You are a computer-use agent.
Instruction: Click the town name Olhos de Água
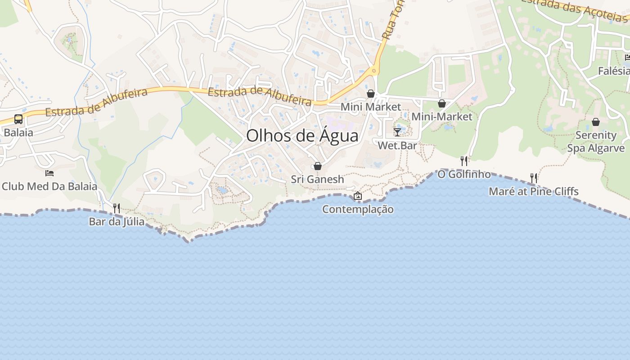point(302,136)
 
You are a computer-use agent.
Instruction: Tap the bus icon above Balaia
point(18,119)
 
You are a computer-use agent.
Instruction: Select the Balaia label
point(18,133)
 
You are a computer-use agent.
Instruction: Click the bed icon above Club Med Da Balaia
point(49,173)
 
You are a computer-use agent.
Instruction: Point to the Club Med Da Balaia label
point(49,186)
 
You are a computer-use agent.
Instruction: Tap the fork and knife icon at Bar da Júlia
point(117,208)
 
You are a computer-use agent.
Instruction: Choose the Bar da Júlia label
point(117,221)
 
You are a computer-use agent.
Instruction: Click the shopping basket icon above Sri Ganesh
point(317,166)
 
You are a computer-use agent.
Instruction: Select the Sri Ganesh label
point(317,179)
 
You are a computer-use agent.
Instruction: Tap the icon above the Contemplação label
point(358,196)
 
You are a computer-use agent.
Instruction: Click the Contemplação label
point(358,209)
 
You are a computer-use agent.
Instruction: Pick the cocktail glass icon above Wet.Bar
point(397,132)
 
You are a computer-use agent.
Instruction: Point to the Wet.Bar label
point(397,145)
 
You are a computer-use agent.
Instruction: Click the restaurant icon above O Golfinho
point(464,161)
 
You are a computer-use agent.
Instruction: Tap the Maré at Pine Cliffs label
point(534,192)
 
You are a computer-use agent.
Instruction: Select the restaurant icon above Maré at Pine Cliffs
point(534,178)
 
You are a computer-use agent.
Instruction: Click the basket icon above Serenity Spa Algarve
point(596,122)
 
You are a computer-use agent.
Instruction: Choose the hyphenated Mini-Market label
point(442,117)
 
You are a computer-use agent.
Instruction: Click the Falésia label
point(614,71)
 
